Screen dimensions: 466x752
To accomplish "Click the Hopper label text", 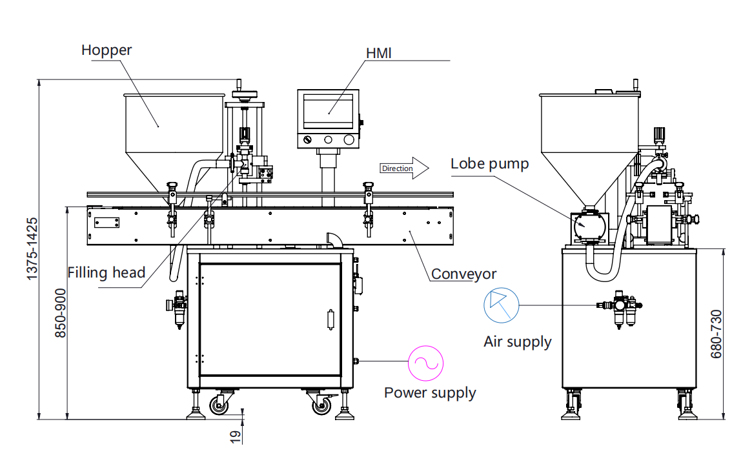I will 106,50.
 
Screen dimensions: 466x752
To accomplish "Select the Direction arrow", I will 404,168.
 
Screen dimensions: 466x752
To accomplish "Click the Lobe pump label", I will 489,164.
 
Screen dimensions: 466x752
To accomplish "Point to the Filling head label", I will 107,273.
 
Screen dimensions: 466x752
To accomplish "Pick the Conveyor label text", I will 463,274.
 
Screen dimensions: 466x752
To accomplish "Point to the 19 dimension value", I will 236,436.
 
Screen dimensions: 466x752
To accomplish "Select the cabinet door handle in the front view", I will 331,320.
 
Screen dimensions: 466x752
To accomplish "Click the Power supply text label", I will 430,392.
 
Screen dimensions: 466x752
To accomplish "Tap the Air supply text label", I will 518,341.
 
